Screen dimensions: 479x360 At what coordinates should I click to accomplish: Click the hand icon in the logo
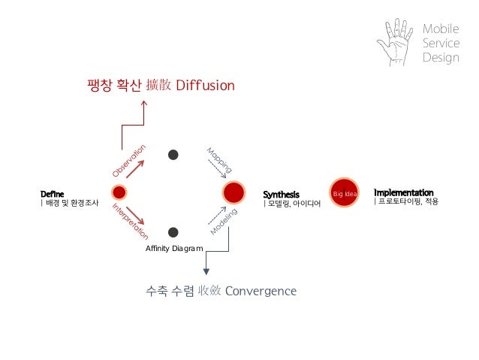(x=395, y=41)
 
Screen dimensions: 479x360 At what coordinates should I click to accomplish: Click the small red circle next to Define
(x=119, y=192)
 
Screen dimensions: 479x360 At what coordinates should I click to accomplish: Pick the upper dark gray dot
(x=173, y=155)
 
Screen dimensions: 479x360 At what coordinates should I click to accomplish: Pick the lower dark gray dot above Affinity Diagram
(x=173, y=232)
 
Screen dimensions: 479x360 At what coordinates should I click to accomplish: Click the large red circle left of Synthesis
(x=233, y=192)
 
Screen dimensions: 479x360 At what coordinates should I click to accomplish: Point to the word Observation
(x=134, y=161)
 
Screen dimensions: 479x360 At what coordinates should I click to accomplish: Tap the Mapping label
(x=218, y=159)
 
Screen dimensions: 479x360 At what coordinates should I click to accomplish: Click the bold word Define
(x=52, y=193)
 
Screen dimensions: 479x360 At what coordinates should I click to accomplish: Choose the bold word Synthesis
(x=281, y=194)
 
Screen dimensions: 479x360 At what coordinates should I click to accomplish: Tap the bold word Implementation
(x=403, y=192)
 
